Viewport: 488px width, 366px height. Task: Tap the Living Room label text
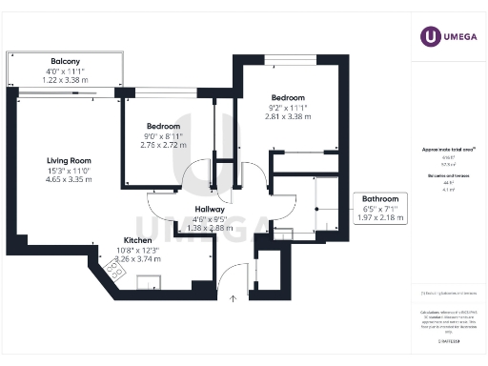click(x=69, y=161)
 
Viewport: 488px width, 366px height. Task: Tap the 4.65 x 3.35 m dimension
click(x=69, y=178)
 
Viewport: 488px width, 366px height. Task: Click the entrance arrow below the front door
click(x=234, y=298)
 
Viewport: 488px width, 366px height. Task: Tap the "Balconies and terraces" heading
click(x=447, y=176)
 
